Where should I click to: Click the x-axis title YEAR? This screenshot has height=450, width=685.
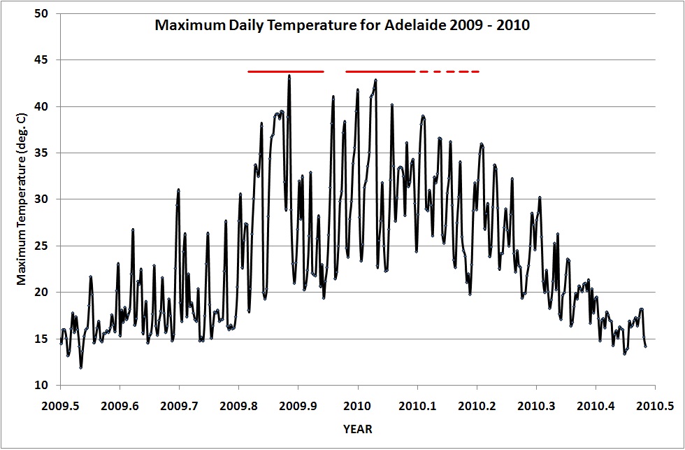358,428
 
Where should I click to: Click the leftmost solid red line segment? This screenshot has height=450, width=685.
285,71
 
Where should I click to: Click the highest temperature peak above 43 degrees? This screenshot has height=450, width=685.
289,76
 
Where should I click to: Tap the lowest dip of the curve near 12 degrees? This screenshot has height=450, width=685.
81,367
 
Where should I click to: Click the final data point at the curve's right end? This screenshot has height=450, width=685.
646,346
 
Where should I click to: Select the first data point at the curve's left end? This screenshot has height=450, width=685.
61,343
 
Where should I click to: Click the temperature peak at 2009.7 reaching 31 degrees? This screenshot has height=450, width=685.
179,190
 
